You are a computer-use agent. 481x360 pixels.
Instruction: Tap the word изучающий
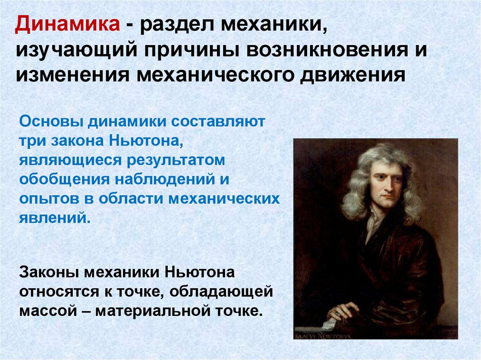point(76,50)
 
